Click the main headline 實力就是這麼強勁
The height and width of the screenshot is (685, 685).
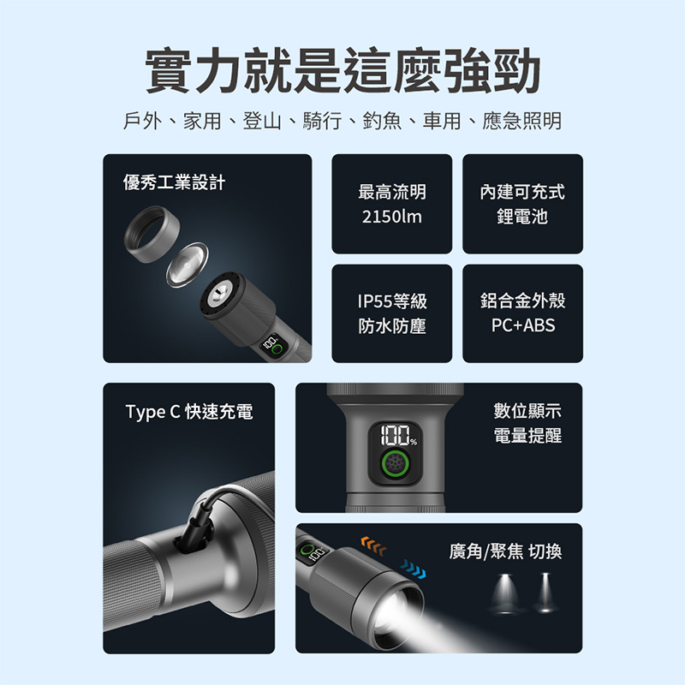(342, 71)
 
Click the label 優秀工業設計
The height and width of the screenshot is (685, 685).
(174, 182)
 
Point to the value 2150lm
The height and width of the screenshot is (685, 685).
(392, 217)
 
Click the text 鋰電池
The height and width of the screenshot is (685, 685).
(522, 217)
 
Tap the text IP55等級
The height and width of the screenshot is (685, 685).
(392, 301)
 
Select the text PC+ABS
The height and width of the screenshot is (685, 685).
(523, 325)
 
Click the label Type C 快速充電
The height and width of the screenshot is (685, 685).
(189, 412)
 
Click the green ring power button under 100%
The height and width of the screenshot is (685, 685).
(395, 464)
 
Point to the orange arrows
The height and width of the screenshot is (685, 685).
(373, 546)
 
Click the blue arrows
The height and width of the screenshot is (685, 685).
(413, 569)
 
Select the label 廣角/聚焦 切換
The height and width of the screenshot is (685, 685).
(505, 551)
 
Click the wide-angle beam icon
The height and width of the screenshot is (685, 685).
(505, 593)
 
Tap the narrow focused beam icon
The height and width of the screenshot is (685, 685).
(545, 593)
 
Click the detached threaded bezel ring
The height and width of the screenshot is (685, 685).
(152, 234)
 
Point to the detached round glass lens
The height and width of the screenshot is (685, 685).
(187, 265)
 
